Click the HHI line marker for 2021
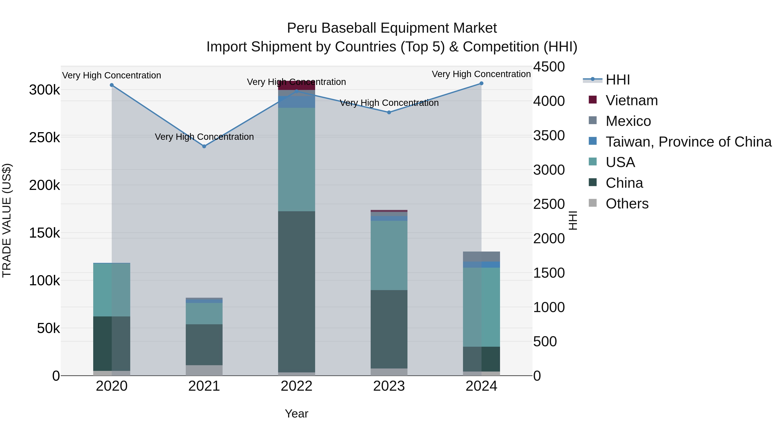pos(204,146)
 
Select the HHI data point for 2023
pos(389,112)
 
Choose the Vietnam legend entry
pos(632,100)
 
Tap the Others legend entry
pos(627,204)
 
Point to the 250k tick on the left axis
pos(44,138)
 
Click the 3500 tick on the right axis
pos(549,135)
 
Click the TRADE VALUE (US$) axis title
pos(7,220)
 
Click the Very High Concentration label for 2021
pos(204,137)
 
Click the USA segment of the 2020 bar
pos(112,289)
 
